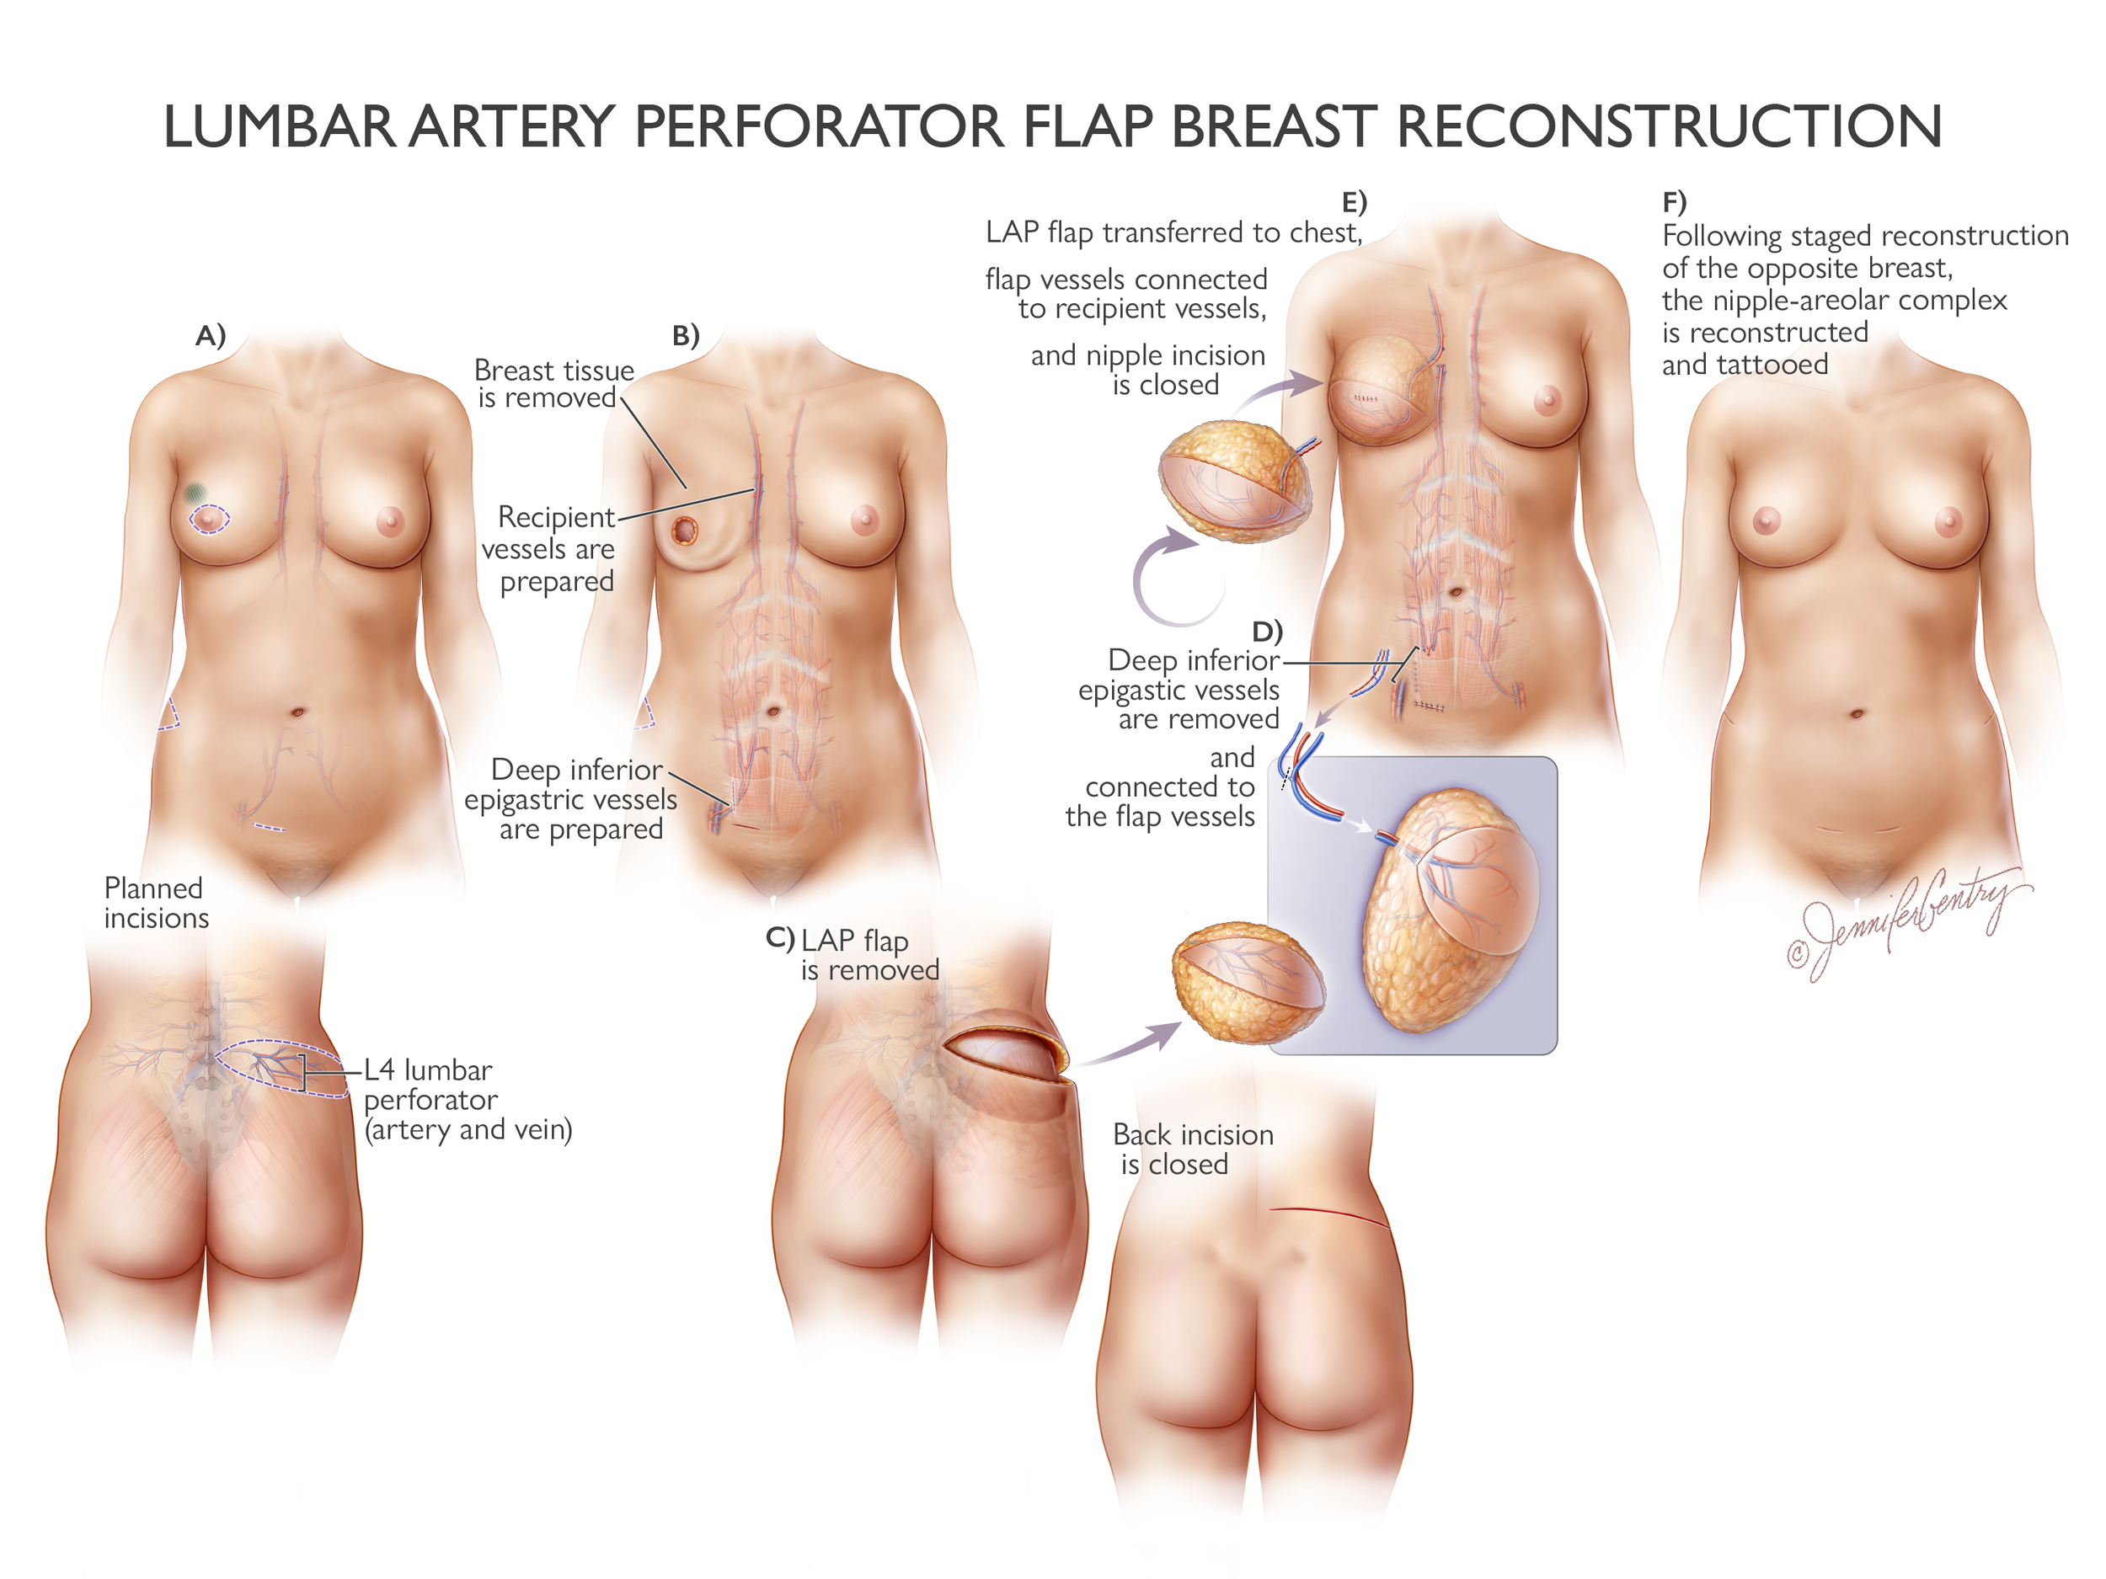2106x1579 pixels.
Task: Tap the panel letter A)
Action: click(211, 335)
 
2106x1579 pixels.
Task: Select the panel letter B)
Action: click(686, 335)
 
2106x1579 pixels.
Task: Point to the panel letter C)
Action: click(780, 938)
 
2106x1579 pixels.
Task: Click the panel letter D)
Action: click(1267, 631)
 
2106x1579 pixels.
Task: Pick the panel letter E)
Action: click(1354, 202)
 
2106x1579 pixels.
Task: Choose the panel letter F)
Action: click(1674, 202)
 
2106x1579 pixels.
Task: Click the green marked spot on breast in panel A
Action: click(195, 492)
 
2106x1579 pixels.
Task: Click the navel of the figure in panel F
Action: click(1857, 714)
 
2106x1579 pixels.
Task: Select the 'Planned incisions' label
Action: click(155, 902)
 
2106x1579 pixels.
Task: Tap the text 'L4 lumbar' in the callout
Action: click(429, 1070)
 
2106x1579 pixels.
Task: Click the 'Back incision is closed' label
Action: click(1192, 1149)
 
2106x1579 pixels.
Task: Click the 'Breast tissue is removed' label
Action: click(553, 382)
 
